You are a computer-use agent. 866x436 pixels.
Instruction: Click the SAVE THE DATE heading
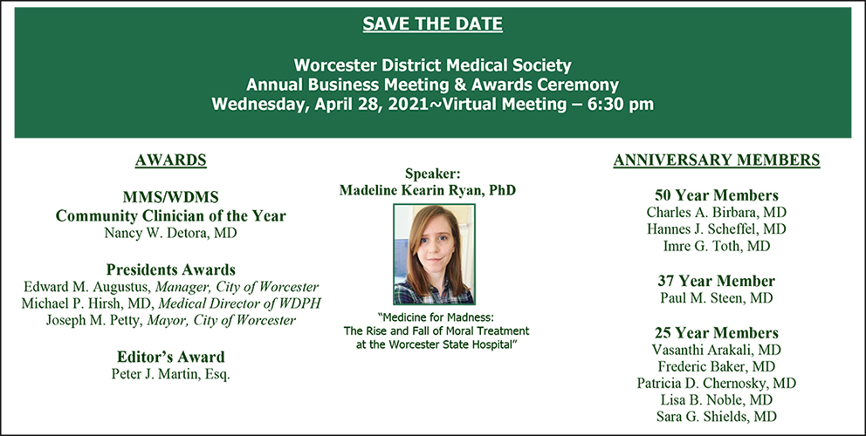click(x=432, y=24)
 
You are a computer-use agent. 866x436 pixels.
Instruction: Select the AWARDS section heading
click(x=170, y=160)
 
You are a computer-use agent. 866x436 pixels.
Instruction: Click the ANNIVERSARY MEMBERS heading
click(x=717, y=160)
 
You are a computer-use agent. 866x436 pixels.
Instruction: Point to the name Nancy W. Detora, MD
click(x=170, y=232)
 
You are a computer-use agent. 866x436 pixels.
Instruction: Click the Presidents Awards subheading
click(x=170, y=269)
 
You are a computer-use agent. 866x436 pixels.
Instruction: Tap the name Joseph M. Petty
click(x=94, y=320)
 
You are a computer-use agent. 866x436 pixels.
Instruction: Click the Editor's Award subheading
click(x=170, y=357)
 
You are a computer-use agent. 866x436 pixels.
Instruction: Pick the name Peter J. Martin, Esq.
click(x=170, y=373)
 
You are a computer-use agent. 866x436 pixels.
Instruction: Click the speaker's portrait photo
click(x=434, y=254)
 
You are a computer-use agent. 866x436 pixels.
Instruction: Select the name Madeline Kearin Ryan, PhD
click(x=428, y=190)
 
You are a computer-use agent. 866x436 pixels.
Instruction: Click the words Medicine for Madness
click(x=436, y=318)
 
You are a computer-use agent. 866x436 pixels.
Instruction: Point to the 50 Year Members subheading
click(x=717, y=195)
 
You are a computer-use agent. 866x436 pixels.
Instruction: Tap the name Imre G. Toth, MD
click(x=717, y=246)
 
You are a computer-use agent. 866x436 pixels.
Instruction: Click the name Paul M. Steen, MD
click(x=717, y=298)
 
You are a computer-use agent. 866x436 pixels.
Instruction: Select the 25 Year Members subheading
click(x=717, y=333)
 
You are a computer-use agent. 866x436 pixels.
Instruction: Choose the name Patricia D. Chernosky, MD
click(x=717, y=383)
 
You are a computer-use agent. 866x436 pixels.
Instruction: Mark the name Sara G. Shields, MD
click(x=717, y=416)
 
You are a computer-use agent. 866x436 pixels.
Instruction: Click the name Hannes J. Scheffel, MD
click(x=717, y=228)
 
